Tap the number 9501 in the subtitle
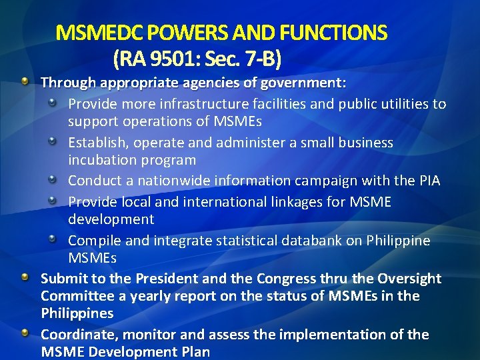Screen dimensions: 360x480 [x=167, y=60]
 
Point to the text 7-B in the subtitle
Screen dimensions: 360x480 [x=265, y=60]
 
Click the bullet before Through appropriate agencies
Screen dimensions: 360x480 [x=25, y=81]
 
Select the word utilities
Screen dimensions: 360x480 [x=398, y=105]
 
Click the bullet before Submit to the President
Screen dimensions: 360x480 [x=25, y=276]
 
